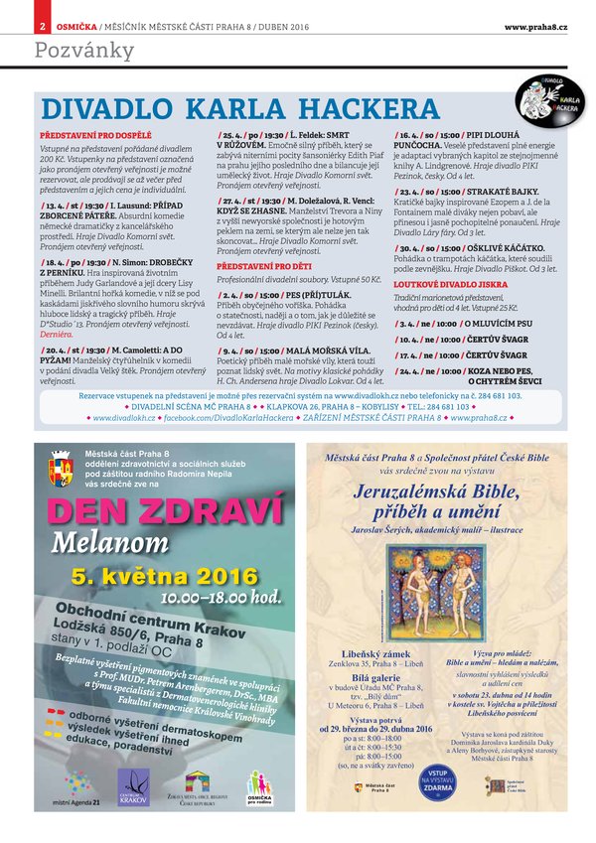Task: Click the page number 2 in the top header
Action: click(43, 26)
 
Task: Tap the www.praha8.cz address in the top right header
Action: click(535, 26)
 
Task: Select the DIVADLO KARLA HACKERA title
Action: click(238, 108)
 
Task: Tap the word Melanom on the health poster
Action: click(117, 543)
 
